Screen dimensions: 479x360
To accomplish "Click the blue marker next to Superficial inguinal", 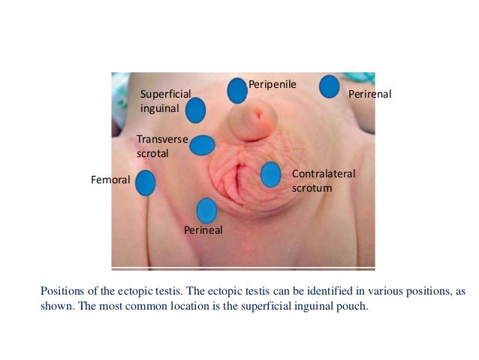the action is pyautogui.click(x=195, y=110).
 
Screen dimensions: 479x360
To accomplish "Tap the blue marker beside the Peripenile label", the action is pyautogui.click(x=237, y=91).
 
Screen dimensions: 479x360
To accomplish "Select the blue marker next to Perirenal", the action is pyautogui.click(x=329, y=86).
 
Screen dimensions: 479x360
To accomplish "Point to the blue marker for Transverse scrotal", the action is pyautogui.click(x=202, y=145).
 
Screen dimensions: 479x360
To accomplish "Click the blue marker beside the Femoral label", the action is pyautogui.click(x=146, y=183).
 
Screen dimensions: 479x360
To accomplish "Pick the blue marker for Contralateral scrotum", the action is pyautogui.click(x=270, y=174).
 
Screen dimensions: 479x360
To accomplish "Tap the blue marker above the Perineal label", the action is pyautogui.click(x=206, y=210).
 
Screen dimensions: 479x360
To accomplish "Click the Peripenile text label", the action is pyautogui.click(x=273, y=84).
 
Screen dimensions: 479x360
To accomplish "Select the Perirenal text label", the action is pyautogui.click(x=371, y=95).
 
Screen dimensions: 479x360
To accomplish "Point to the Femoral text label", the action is pyautogui.click(x=110, y=180).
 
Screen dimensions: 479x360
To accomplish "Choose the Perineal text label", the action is pyautogui.click(x=203, y=230).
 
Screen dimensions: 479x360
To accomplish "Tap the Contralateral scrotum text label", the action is pyautogui.click(x=323, y=180).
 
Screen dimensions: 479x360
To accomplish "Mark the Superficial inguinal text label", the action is pyautogui.click(x=165, y=100).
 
